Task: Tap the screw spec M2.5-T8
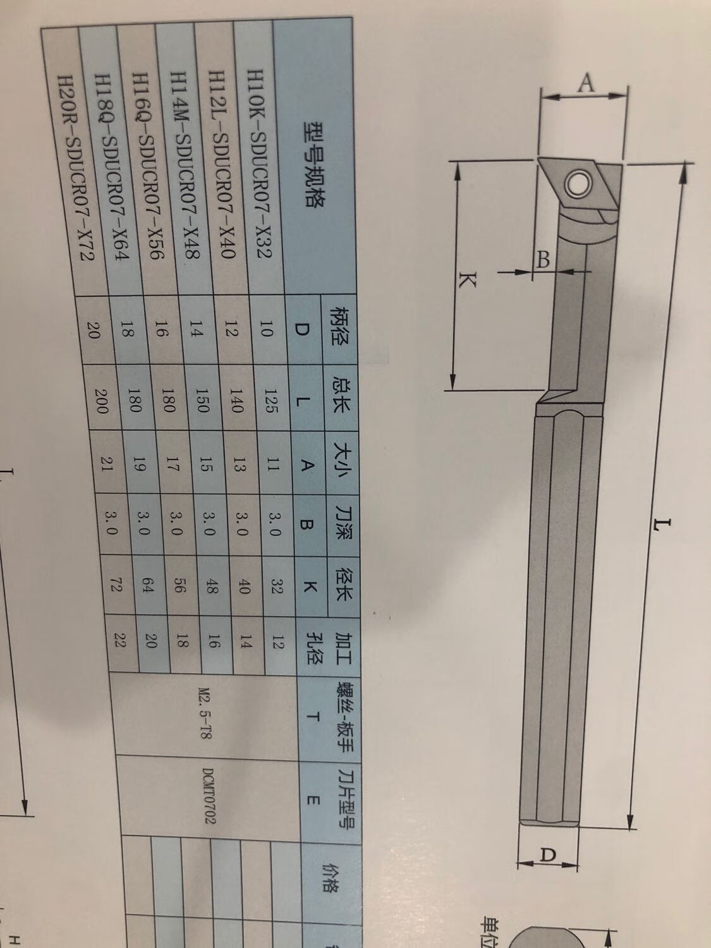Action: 205,710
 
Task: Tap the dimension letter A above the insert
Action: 588,83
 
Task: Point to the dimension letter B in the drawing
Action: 542,258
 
